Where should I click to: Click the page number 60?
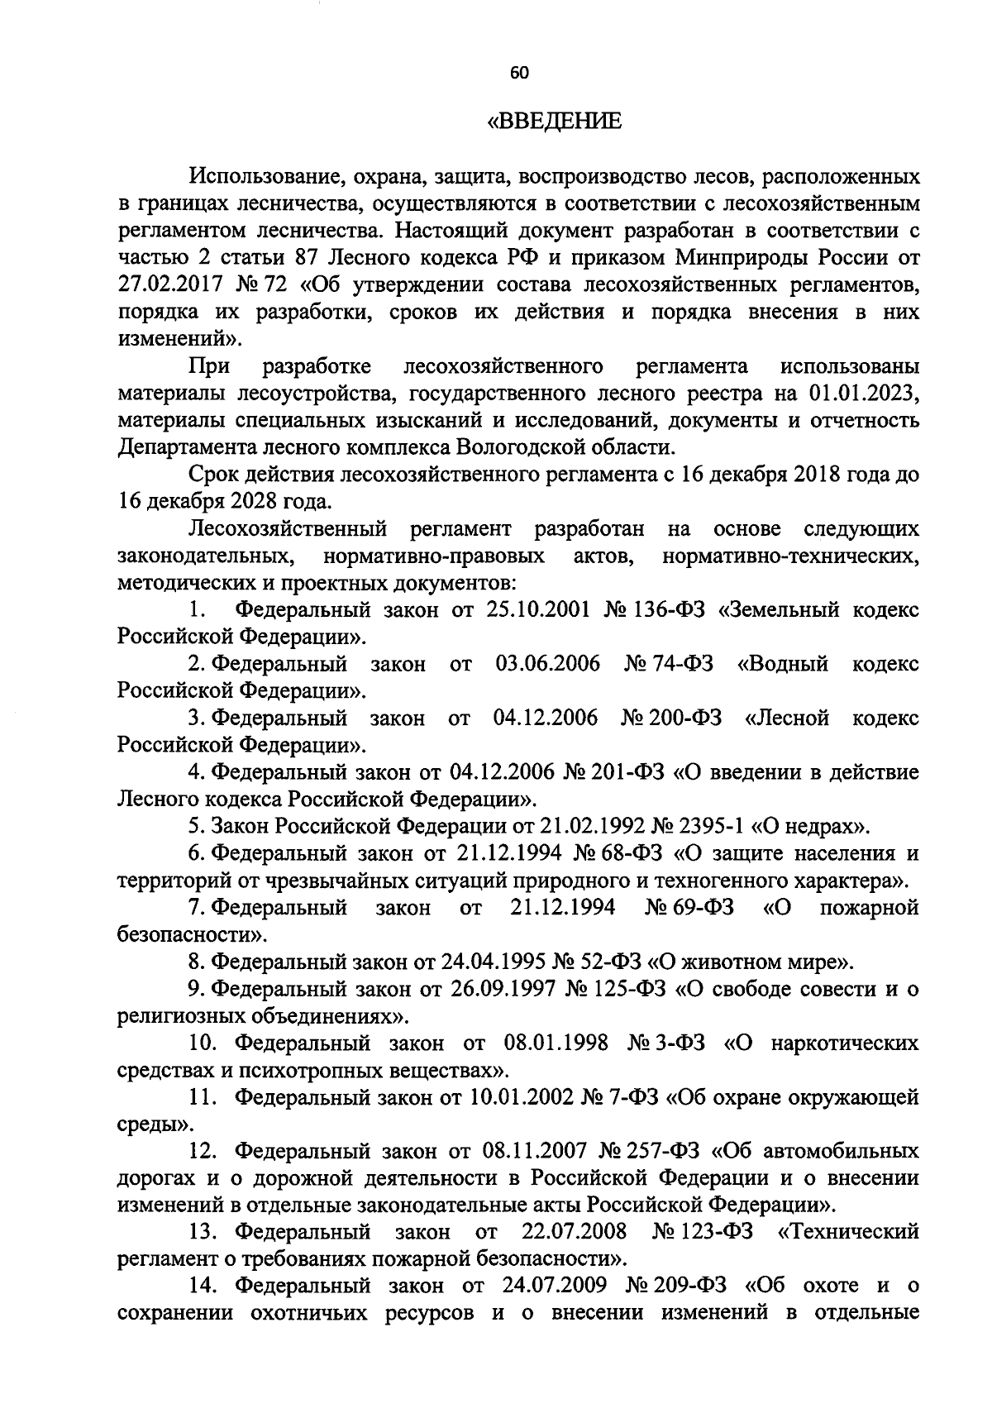(x=519, y=73)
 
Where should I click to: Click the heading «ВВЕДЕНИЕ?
(x=553, y=123)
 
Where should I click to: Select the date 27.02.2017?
(x=171, y=285)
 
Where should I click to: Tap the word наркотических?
(x=843, y=1043)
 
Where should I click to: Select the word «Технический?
(x=848, y=1232)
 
